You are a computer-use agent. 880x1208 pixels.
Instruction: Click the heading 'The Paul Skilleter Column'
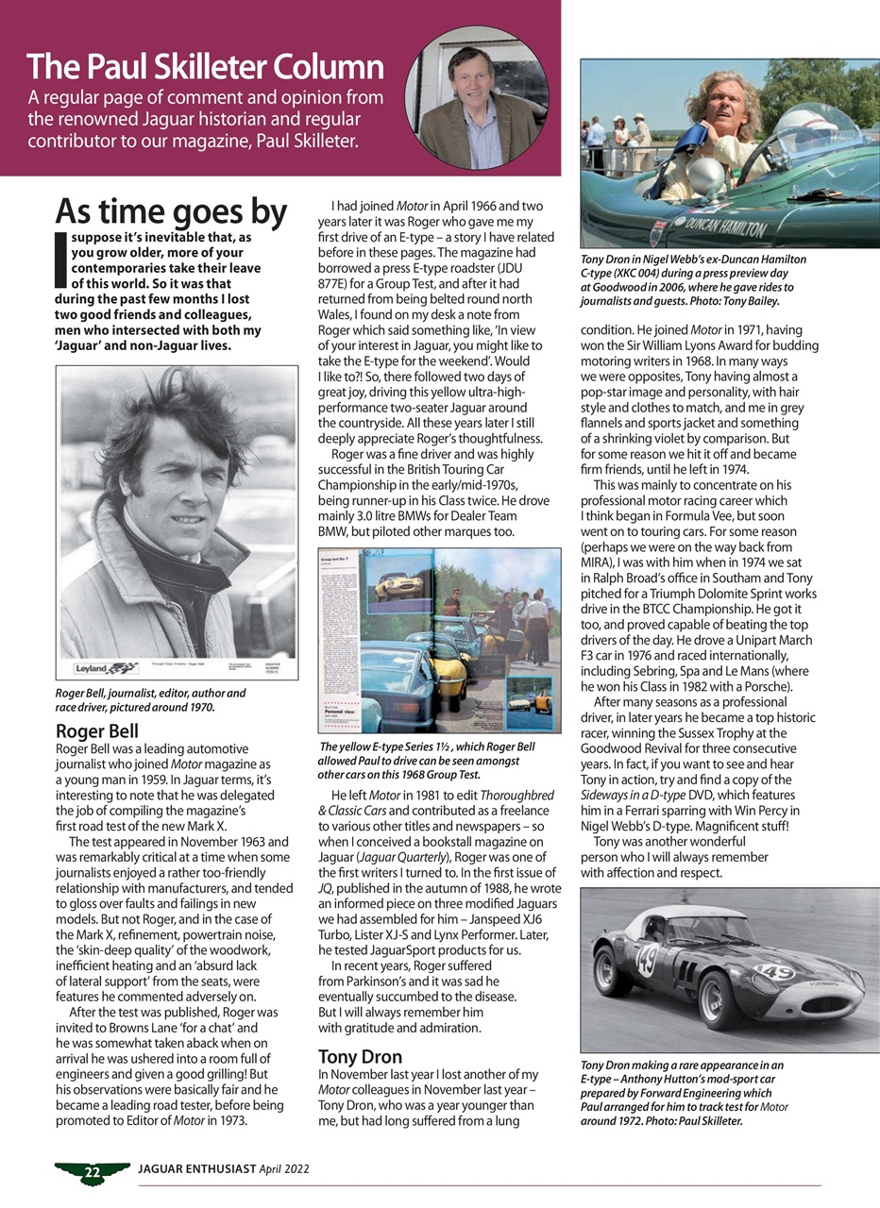pyautogui.click(x=205, y=68)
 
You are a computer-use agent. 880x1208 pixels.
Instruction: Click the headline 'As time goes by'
pyautogui.click(x=171, y=211)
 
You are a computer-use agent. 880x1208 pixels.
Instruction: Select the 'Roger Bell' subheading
pyautogui.click(x=97, y=730)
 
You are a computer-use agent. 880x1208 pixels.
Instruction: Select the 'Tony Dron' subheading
pyautogui.click(x=360, y=1056)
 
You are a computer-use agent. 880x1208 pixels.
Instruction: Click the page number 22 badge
pyautogui.click(x=92, y=1173)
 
